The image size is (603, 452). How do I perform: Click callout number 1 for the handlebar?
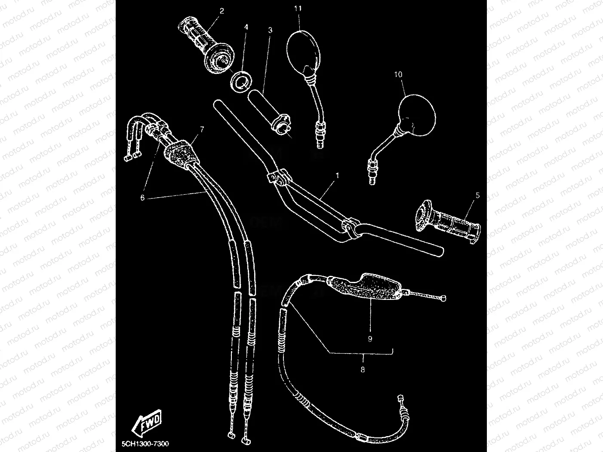pos(338,175)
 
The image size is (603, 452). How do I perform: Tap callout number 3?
pos(270,30)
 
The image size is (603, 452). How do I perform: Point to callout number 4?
pos(246,27)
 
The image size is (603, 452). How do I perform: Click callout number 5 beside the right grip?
pos(477,195)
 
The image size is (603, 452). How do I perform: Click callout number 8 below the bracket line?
pos(363,369)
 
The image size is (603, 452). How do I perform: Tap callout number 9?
pos(370,339)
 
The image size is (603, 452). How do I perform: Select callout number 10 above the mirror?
pos(398,74)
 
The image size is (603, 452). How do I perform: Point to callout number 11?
pos(298,8)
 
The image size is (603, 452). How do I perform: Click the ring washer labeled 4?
pos(240,81)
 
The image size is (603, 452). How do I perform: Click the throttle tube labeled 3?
pos(270,109)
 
